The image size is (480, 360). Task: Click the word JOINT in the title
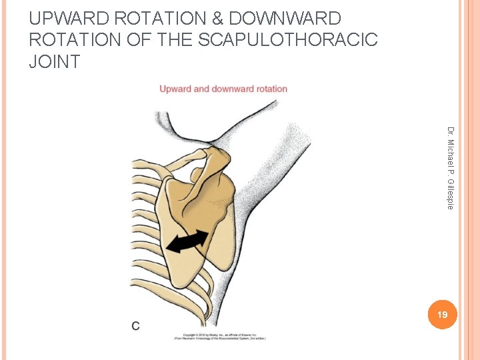[x=55, y=62]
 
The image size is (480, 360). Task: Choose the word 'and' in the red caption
[x=203, y=89]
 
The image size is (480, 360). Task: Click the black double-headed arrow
[x=187, y=241]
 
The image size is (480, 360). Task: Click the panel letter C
[x=136, y=326]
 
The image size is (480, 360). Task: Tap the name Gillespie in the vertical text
[x=451, y=193]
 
